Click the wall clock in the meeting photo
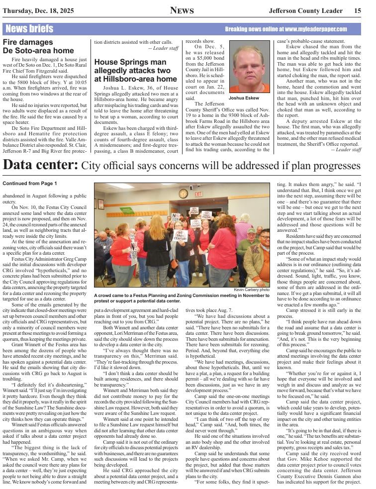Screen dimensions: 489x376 pos(183,194)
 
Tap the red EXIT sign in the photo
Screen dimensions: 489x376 pos(198,194)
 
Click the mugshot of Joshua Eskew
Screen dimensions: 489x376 pos(250,67)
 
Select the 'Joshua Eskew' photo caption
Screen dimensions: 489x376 pos(244,98)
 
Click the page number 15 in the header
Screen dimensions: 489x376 pos(358,10)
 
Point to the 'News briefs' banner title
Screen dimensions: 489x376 pos(29,29)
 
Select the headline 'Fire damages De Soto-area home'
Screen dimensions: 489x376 pos(38,46)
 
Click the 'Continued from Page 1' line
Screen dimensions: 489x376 pos(30,184)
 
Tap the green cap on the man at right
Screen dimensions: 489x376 pos(265,232)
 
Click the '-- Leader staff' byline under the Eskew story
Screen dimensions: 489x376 pos(346,149)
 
